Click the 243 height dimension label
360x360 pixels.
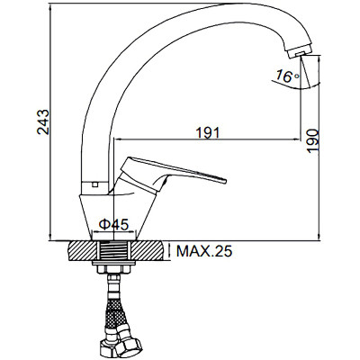click(43, 122)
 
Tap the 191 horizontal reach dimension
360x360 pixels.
click(208, 132)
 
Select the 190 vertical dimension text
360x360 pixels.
click(313, 141)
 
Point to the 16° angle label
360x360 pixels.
click(288, 76)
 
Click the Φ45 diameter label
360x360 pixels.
click(113, 224)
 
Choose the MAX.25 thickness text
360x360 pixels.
click(204, 251)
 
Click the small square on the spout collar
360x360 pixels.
click(95, 184)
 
